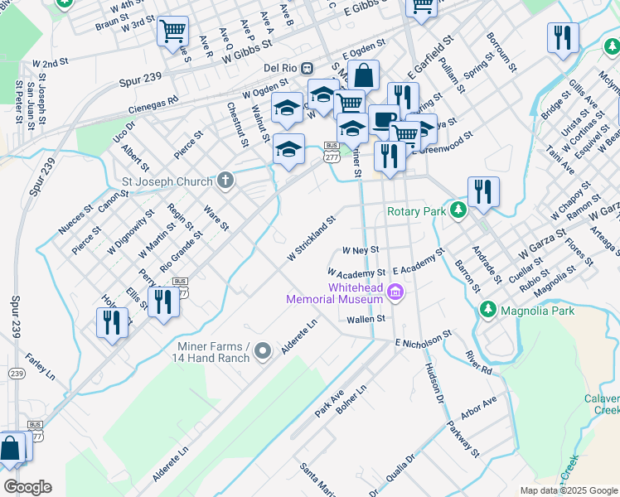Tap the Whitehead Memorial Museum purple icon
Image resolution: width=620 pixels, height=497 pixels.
click(395, 292)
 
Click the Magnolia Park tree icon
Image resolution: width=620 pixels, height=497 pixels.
click(489, 311)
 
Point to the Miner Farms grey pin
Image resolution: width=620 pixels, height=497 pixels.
click(263, 351)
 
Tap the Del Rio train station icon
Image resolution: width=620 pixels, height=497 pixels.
click(307, 67)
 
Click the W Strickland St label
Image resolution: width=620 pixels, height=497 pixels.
click(311, 239)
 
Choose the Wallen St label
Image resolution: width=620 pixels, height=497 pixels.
click(367, 318)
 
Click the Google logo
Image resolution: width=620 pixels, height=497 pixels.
click(27, 487)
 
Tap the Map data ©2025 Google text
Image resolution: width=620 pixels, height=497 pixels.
click(568, 490)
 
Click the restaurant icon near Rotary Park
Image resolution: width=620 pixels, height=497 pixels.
click(482, 191)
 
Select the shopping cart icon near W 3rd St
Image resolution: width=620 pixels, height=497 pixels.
click(172, 31)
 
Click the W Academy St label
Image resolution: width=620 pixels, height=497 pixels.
click(356, 272)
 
